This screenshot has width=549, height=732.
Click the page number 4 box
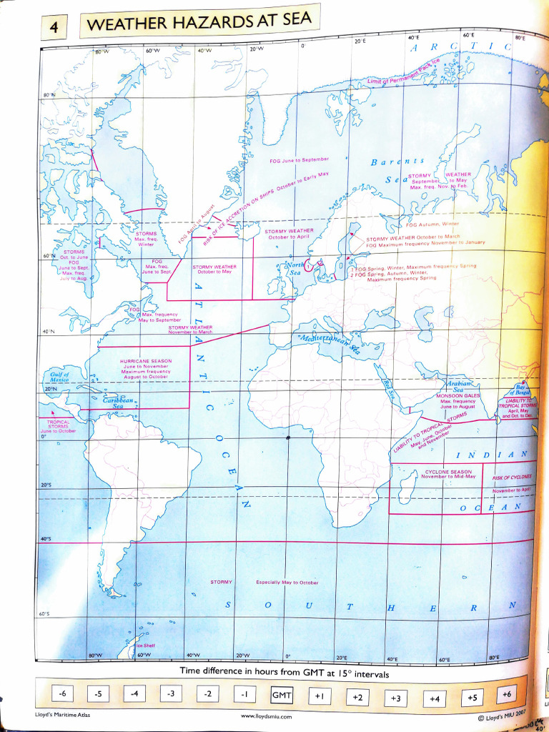tap(54, 29)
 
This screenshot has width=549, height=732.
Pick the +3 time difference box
tap(395, 697)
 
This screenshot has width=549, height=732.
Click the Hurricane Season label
tap(146, 362)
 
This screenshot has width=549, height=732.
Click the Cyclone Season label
tap(448, 472)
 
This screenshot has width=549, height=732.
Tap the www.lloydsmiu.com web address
tap(266, 716)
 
